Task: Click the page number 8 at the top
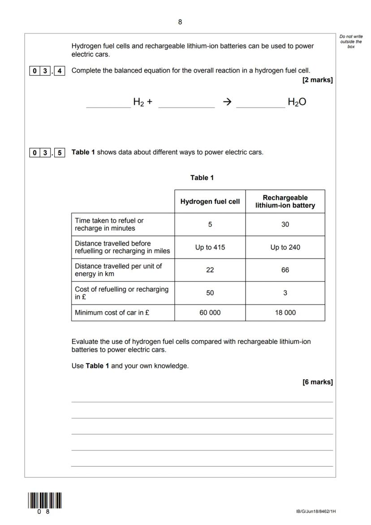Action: (x=180, y=22)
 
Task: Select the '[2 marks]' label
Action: (x=318, y=80)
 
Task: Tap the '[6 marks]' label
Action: (x=318, y=382)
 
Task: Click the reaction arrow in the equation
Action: (x=227, y=102)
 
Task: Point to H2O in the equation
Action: (x=297, y=102)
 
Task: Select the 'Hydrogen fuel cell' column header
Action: (x=210, y=202)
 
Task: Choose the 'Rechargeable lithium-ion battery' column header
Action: (x=285, y=202)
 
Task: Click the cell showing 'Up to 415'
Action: (x=210, y=247)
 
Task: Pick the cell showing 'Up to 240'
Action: (x=285, y=247)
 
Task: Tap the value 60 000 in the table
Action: (x=210, y=313)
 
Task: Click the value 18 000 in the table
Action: (x=285, y=313)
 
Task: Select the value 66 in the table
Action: (x=285, y=270)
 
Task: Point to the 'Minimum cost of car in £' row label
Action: (x=112, y=313)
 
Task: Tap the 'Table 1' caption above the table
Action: (x=202, y=178)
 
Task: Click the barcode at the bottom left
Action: (x=44, y=500)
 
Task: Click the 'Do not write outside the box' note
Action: (x=351, y=41)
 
